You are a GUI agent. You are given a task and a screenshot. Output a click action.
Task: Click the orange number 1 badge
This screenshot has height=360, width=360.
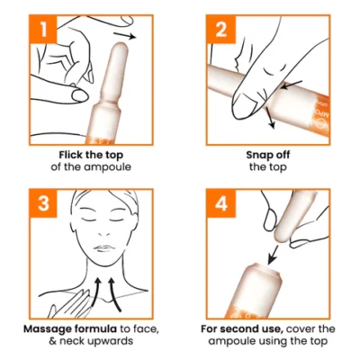click(x=43, y=29)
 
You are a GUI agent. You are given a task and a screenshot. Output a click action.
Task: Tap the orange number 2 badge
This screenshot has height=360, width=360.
click(x=220, y=29)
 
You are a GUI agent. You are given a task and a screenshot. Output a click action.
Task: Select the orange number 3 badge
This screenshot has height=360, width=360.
click(x=43, y=203)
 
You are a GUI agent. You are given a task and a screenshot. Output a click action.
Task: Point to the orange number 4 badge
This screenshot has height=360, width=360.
click(x=220, y=203)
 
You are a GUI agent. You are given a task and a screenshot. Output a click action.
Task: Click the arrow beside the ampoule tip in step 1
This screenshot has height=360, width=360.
click(x=125, y=35)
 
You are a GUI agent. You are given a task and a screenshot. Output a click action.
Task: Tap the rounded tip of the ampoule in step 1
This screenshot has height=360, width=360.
click(x=121, y=48)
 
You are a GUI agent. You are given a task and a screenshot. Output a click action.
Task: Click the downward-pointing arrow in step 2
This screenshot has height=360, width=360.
click(x=270, y=119)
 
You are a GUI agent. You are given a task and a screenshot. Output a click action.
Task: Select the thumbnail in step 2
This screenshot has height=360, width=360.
click(x=242, y=103)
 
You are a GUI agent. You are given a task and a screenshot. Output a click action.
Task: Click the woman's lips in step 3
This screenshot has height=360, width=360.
click(x=103, y=248)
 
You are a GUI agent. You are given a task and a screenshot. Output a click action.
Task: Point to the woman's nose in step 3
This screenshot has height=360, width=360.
click(x=104, y=232)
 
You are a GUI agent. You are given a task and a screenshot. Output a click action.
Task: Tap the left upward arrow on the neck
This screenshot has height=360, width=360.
click(x=95, y=292)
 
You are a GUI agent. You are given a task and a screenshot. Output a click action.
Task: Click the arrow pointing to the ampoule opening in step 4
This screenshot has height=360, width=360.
click(x=274, y=255)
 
